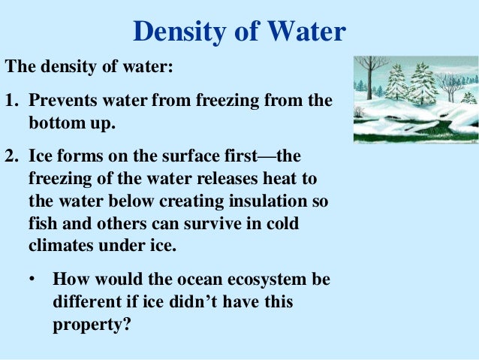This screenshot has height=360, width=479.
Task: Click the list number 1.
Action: point(11,101)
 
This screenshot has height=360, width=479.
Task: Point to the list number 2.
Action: point(11,159)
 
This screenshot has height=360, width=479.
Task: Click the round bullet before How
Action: point(32,280)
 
